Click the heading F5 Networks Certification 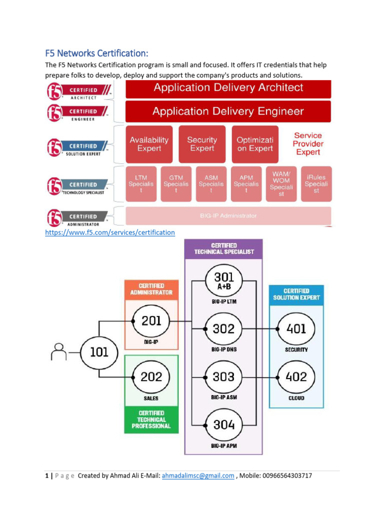tap(97, 53)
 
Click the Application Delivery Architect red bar tap(228, 88)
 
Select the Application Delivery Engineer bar tap(228, 111)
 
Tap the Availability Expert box tap(149, 144)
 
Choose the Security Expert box tap(202, 144)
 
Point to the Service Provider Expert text tap(308, 144)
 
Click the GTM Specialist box tap(176, 184)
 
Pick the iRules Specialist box tap(316, 184)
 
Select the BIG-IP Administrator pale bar tap(228, 215)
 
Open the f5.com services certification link tap(110, 232)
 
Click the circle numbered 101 tap(99, 352)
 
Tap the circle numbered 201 tap(151, 321)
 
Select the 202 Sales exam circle tap(151, 376)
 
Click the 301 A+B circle tap(224, 280)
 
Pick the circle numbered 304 tap(224, 424)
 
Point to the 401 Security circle tap(296, 328)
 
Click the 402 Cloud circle tap(296, 376)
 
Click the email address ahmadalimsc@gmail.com tap(198, 476)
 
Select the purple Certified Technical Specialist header tap(224, 248)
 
